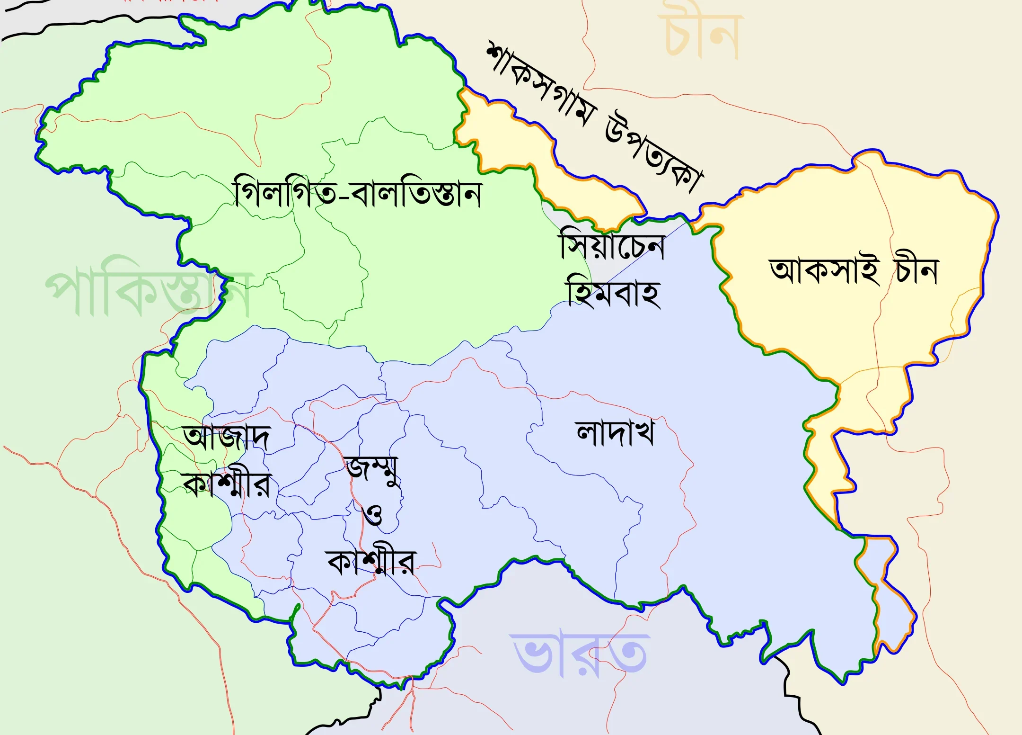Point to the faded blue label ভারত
pyautogui.click(x=580, y=654)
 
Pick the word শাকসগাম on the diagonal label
pyautogui.click(x=539, y=85)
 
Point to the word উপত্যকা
pyautogui.click(x=655, y=154)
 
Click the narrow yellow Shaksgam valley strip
pyautogui.click(x=516, y=142)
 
